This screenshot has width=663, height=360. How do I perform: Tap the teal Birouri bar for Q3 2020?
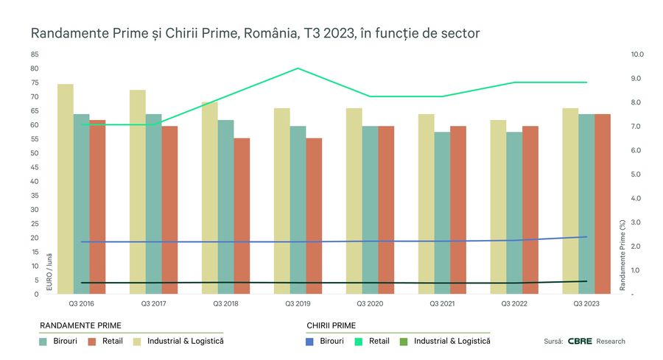[x=370, y=210]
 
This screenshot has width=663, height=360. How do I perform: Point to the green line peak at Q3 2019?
[x=298, y=68]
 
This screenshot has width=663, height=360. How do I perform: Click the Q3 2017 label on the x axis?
[x=153, y=303]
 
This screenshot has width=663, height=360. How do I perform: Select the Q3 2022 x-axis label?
[x=514, y=303]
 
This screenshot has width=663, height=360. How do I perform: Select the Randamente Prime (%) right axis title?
[x=622, y=254]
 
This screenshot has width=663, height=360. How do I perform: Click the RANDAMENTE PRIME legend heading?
[x=80, y=325]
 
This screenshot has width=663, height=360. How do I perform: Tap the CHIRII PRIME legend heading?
[x=331, y=325]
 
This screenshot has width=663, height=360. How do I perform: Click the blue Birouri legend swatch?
[x=310, y=342]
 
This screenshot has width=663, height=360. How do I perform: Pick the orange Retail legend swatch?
[x=93, y=342]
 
